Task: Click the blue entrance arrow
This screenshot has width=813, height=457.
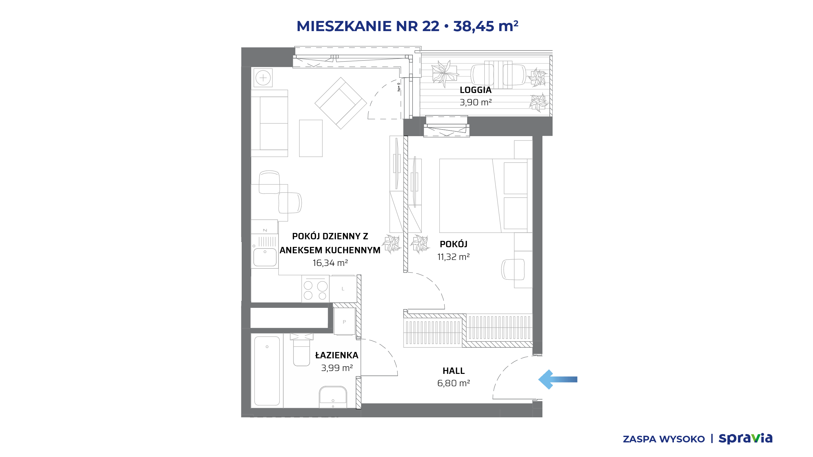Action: (558, 379)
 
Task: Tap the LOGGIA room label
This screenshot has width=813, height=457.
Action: (475, 90)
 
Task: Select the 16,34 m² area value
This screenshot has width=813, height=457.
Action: (330, 263)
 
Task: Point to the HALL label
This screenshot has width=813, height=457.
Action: (454, 371)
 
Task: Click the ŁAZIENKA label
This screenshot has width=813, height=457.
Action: (337, 355)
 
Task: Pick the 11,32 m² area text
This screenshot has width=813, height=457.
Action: (453, 257)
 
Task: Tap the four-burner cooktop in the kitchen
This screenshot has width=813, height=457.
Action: (315, 289)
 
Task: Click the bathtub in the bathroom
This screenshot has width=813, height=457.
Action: (267, 371)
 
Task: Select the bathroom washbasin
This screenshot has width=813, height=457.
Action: (333, 397)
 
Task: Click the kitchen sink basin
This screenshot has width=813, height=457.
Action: (265, 257)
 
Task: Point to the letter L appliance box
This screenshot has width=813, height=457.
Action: (343, 289)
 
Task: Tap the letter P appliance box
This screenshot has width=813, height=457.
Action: (344, 322)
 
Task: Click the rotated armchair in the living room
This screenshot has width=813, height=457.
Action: (341, 103)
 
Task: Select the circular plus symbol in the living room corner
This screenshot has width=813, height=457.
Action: (263, 78)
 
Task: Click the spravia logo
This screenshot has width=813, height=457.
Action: (745, 439)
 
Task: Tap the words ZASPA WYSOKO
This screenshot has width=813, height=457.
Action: (664, 439)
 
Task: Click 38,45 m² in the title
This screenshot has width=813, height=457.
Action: (486, 26)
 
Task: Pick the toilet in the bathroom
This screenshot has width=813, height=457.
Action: (301, 349)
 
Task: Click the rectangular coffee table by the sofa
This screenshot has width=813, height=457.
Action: (311, 138)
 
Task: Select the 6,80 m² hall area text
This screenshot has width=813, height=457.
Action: (454, 383)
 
